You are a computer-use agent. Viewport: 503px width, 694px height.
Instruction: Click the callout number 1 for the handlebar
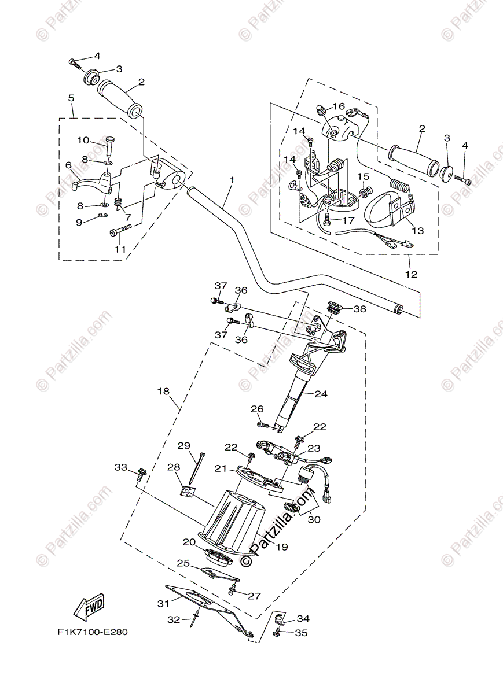[232, 180]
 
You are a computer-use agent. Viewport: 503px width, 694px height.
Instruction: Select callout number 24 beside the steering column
[321, 394]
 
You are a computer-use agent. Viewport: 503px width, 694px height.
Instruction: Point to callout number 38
[359, 309]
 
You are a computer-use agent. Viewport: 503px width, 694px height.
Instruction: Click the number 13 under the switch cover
[417, 230]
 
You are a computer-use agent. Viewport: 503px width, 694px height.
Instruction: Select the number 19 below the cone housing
[282, 547]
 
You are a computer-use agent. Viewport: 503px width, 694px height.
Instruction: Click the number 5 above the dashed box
[71, 98]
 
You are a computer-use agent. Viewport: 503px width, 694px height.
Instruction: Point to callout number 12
[411, 274]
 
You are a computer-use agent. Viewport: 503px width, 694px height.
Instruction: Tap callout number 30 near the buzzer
[313, 519]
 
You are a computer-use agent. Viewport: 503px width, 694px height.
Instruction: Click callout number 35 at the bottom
[301, 633]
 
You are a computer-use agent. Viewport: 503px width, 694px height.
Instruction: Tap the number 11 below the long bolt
[120, 249]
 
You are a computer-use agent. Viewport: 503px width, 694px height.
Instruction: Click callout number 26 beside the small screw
[257, 409]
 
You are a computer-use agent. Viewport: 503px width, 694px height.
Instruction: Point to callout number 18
[163, 391]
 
